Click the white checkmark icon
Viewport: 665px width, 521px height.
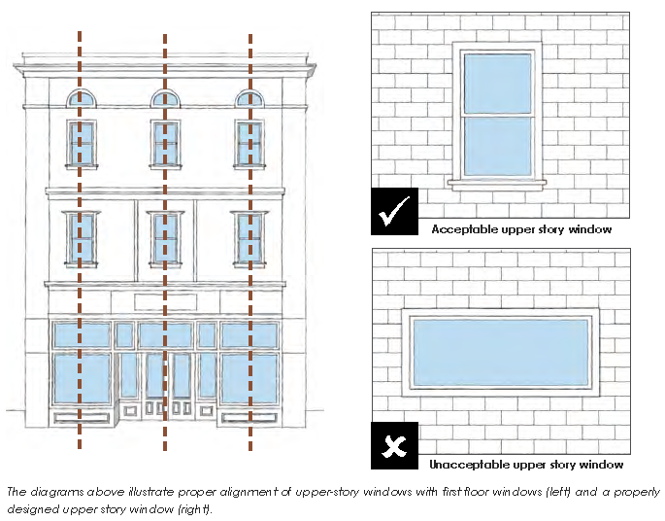click(394, 212)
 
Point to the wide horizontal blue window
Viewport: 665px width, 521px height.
click(500, 350)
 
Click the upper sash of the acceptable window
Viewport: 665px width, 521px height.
click(498, 84)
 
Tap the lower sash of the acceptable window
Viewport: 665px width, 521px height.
click(498, 146)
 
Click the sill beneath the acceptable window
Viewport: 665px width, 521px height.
click(498, 182)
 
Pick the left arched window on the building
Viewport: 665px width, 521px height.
click(82, 99)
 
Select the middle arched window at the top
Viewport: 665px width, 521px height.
click(165, 99)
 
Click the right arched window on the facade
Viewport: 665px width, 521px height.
click(249, 99)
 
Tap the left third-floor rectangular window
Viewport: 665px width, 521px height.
click(82, 142)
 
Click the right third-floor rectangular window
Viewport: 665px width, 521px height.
click(249, 142)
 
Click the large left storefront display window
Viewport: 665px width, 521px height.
click(82, 382)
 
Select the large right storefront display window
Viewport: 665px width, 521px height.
click(249, 382)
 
